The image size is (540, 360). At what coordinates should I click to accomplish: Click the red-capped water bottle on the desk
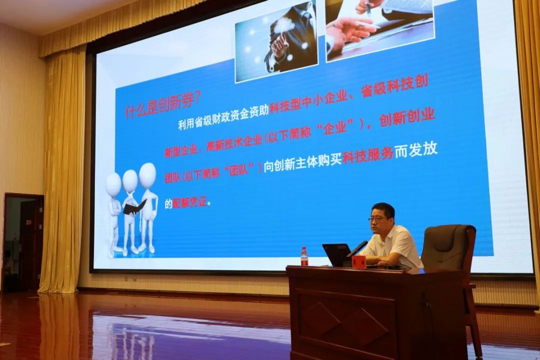click(304, 256)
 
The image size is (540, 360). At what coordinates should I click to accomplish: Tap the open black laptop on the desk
click(336, 255)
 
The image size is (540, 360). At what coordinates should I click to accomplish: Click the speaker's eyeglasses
click(377, 218)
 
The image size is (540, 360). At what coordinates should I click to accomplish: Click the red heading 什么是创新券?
click(162, 105)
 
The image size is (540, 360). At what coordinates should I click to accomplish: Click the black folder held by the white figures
click(134, 207)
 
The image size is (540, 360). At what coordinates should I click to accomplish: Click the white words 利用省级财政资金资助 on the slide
click(223, 120)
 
